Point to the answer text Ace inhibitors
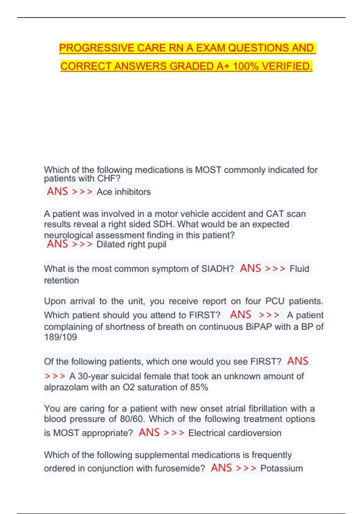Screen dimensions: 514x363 click(123, 192)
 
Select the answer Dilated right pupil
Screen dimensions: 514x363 click(131, 244)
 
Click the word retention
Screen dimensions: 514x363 click(61, 281)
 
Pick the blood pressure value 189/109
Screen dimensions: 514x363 click(60, 337)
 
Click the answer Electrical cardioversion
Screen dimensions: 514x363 click(235, 433)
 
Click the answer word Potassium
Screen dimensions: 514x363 click(281, 468)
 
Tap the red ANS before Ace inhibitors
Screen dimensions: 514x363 click(57, 191)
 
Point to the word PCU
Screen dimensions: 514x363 click(275, 301)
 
